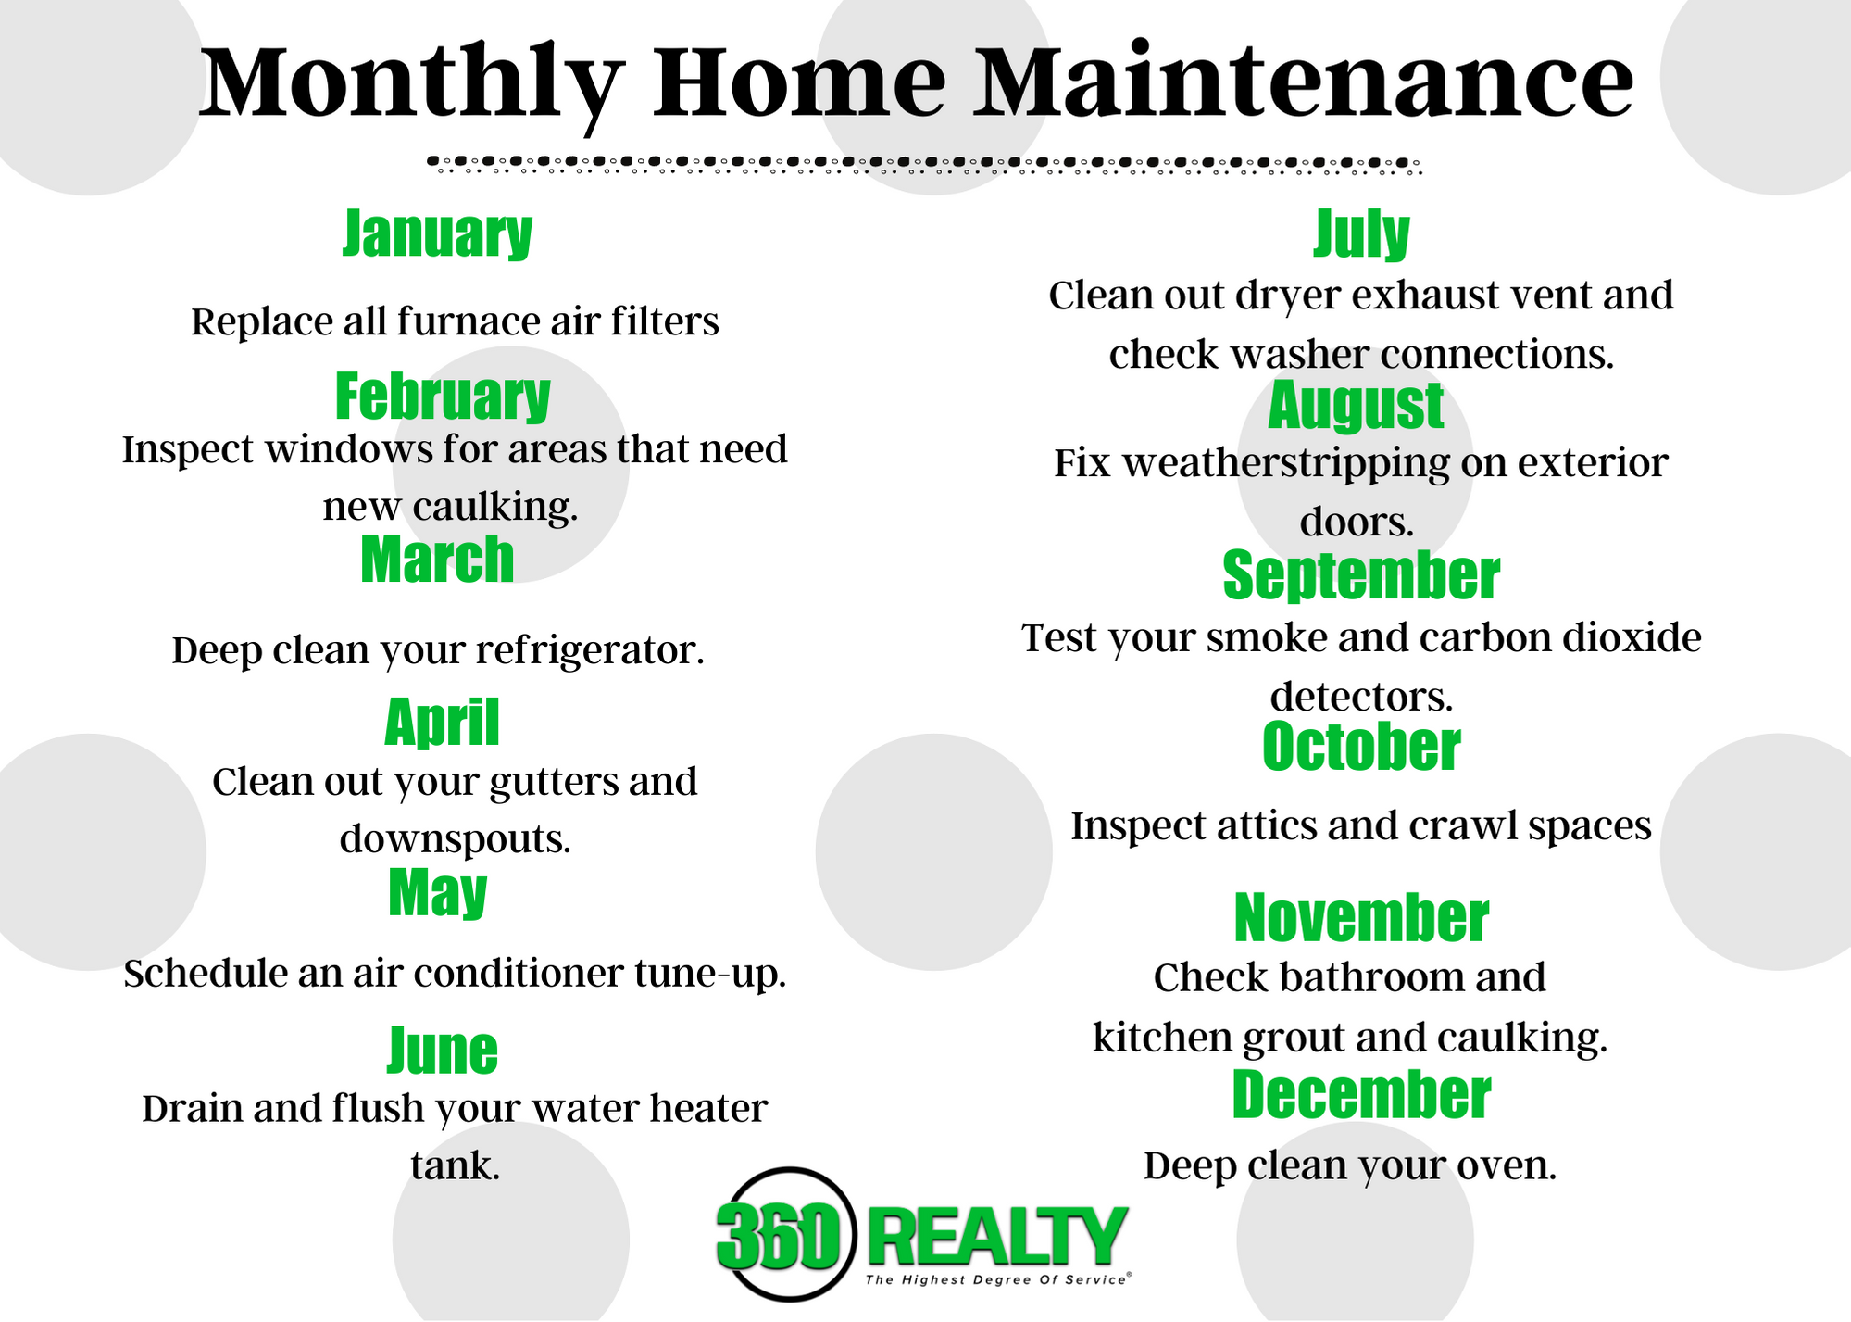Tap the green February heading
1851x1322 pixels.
(443, 397)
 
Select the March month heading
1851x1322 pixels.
(437, 560)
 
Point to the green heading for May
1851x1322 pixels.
(438, 893)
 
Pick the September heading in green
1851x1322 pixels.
(1361, 575)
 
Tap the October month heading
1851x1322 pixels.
(1361, 747)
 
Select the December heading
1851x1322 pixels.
(1361, 1095)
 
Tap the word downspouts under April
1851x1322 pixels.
(455, 839)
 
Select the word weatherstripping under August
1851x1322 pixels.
(1286, 463)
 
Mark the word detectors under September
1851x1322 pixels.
(1361, 697)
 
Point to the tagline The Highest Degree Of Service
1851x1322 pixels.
(997, 1280)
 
